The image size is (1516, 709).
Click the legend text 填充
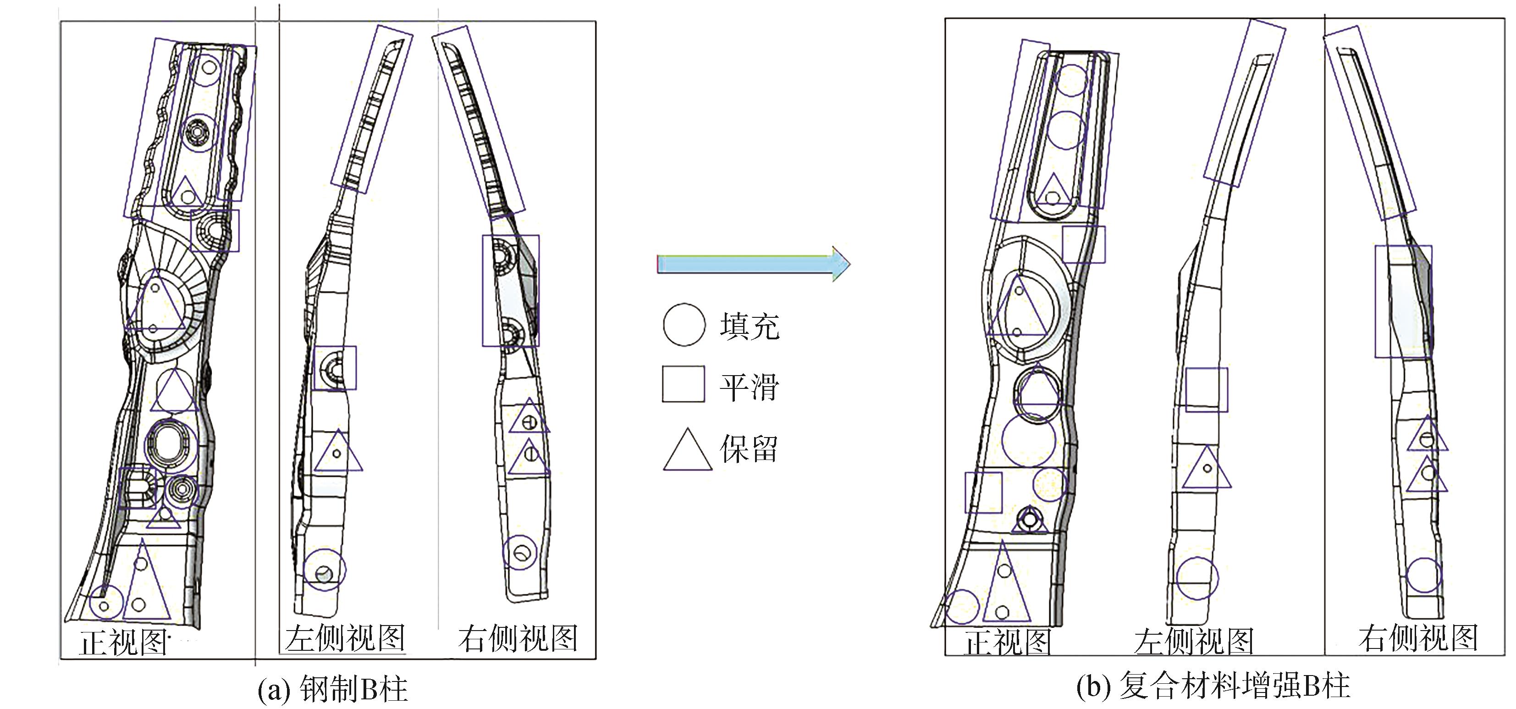749,326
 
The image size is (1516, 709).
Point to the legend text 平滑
749,387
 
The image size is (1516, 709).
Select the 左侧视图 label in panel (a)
346,638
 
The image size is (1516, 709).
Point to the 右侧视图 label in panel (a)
518,638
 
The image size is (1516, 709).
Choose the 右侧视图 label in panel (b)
1418,638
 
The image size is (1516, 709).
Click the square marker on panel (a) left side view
335,367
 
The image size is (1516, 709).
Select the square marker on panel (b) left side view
1207,390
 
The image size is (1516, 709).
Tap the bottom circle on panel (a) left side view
324,570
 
